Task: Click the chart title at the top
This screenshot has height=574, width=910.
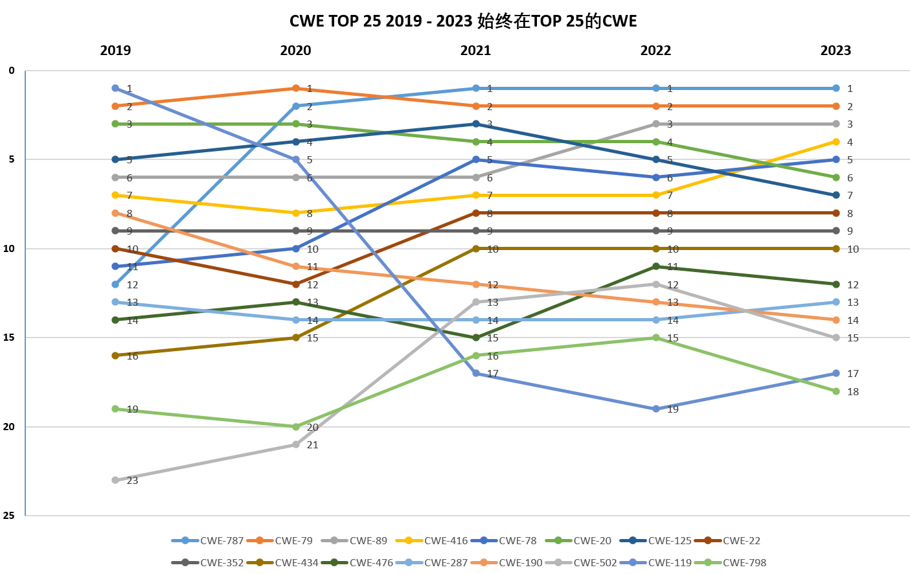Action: (x=462, y=21)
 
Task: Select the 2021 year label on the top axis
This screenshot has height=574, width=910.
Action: (x=475, y=51)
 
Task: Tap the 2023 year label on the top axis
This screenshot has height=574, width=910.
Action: (x=836, y=51)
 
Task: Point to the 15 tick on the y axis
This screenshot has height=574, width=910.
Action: (x=9, y=338)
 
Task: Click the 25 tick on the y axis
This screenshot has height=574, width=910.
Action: (x=9, y=516)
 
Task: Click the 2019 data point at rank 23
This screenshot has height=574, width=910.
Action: (x=115, y=480)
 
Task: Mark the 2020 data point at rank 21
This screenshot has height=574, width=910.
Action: (x=296, y=444)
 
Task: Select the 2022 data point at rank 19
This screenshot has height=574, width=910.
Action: (x=656, y=409)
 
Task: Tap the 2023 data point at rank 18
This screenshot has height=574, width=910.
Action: (x=836, y=391)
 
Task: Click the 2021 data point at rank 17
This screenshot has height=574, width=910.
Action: (x=476, y=373)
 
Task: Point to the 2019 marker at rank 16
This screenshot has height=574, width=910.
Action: (x=115, y=356)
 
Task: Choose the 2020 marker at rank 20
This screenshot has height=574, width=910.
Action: (x=296, y=427)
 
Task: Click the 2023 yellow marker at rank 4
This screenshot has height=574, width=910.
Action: (x=836, y=142)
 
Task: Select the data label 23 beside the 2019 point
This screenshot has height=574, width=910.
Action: (x=132, y=481)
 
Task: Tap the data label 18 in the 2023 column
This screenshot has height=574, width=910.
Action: (x=852, y=392)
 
